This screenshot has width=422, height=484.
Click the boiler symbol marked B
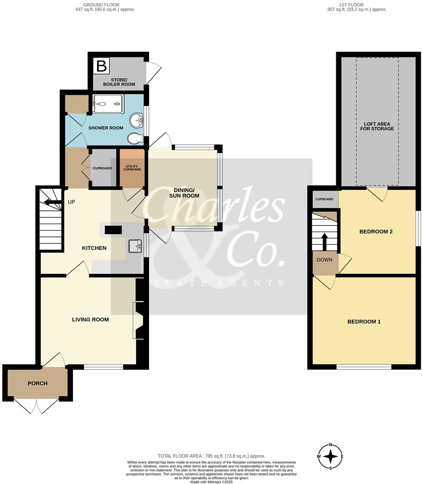click(x=101, y=66)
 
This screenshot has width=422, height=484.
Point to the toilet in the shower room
click(x=136, y=138)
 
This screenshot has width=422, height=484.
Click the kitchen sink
click(x=135, y=247)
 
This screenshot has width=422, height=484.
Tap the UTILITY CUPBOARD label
click(x=132, y=167)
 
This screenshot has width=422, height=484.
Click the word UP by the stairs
click(x=71, y=202)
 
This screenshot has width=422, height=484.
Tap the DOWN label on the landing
click(x=325, y=259)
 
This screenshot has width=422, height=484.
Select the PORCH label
click(x=38, y=383)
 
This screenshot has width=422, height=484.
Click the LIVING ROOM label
click(x=90, y=319)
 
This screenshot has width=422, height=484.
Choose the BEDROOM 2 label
click(x=376, y=231)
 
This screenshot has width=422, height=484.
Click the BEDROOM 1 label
click(x=364, y=321)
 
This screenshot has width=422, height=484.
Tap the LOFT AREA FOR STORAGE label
click(x=378, y=126)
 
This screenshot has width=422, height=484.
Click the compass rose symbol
click(x=330, y=456)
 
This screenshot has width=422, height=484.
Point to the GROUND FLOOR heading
click(x=105, y=5)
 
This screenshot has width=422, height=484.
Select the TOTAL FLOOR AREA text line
click(x=211, y=456)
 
